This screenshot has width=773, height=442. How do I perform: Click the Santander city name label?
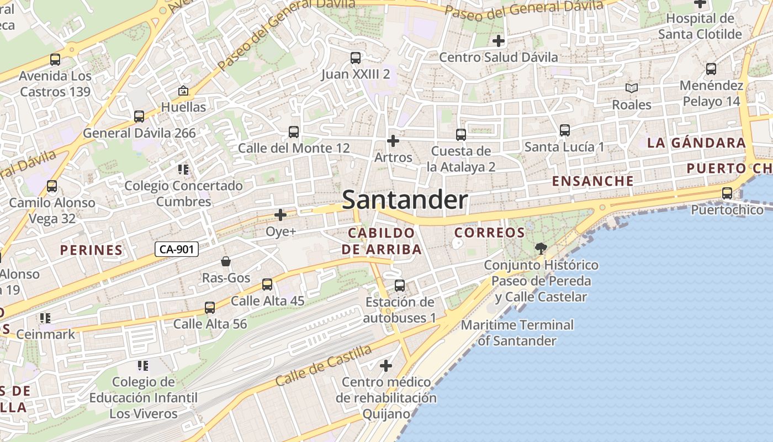click(x=405, y=200)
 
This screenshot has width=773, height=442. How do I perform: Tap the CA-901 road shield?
click(x=176, y=250)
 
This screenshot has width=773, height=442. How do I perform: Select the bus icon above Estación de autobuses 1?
click(x=400, y=286)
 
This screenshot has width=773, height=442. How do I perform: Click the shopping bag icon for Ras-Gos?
click(x=226, y=261)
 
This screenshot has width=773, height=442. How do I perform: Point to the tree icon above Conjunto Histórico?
click(x=541, y=249)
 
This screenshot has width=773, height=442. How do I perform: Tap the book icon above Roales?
click(x=631, y=88)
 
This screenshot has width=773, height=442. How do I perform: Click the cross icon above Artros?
click(x=393, y=141)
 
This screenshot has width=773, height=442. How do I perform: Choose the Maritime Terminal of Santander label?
click(x=517, y=333)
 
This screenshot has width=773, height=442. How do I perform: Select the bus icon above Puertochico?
click(x=727, y=193)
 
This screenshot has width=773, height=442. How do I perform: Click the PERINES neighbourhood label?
click(x=92, y=250)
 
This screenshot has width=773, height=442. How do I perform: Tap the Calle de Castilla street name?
click(x=324, y=365)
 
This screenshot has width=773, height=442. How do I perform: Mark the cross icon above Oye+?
click(x=280, y=215)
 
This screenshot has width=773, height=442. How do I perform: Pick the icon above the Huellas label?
click(x=183, y=91)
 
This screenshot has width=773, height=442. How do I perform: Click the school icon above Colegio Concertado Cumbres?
click(x=183, y=169)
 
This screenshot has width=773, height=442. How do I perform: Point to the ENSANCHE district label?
click(x=593, y=181)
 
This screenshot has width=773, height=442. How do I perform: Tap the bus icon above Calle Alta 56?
click(x=210, y=308)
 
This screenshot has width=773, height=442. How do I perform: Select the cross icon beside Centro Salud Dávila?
click(x=499, y=41)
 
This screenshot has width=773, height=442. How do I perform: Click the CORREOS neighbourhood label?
click(x=489, y=233)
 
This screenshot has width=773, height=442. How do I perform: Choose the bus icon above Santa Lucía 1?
click(x=564, y=130)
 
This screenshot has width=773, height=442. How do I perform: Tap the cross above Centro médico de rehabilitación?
click(x=386, y=366)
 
